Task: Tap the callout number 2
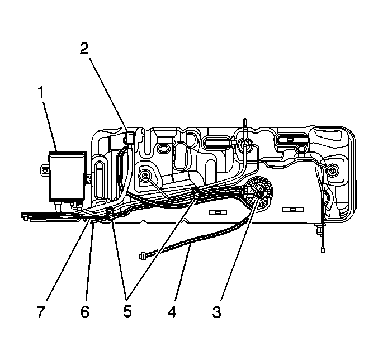(84, 48)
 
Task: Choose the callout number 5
(127, 311)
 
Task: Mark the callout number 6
(84, 311)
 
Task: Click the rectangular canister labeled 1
(67, 176)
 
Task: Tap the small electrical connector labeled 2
(128, 138)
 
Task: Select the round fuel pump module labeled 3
(258, 192)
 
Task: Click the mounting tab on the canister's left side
(44, 168)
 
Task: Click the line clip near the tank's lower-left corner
(109, 214)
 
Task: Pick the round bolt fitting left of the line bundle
(147, 177)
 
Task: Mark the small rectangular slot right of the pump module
(289, 210)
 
